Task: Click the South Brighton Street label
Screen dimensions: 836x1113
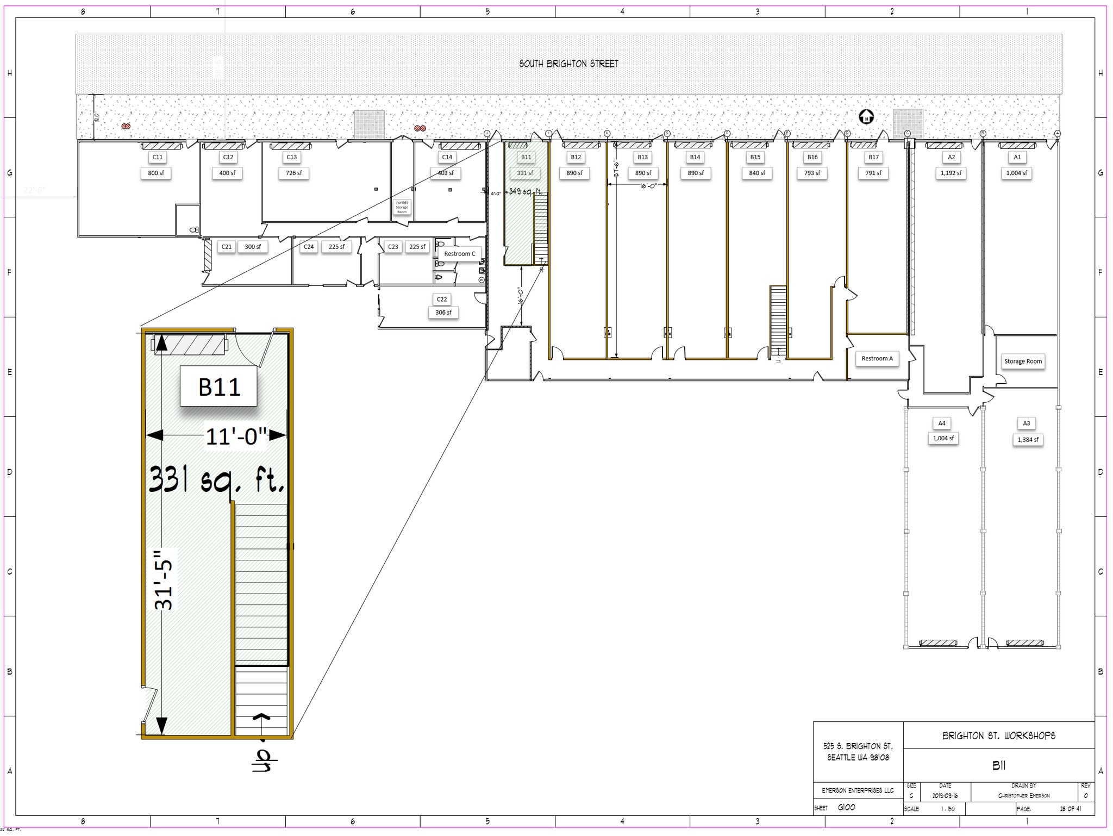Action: (568, 64)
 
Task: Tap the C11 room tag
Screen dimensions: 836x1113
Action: (157, 157)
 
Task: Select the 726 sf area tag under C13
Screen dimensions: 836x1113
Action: (293, 173)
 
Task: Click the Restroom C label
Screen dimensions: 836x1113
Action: (459, 254)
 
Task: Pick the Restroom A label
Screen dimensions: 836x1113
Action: (877, 358)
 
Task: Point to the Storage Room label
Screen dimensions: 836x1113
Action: (1023, 361)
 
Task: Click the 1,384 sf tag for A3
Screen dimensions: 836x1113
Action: (1028, 440)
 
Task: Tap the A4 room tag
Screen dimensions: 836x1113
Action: (942, 423)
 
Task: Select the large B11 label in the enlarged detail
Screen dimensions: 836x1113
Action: (219, 387)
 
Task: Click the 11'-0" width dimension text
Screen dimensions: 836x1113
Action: (236, 436)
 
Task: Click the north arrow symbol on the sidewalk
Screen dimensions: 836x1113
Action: (866, 116)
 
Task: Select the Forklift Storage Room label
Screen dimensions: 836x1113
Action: (402, 207)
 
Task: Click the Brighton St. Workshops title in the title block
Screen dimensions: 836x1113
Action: (998, 736)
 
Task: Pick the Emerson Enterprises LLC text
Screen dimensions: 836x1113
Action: (858, 790)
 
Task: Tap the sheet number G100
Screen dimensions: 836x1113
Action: (846, 807)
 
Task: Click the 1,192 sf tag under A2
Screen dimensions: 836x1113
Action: (951, 173)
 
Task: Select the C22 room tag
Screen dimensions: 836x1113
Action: (442, 299)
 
